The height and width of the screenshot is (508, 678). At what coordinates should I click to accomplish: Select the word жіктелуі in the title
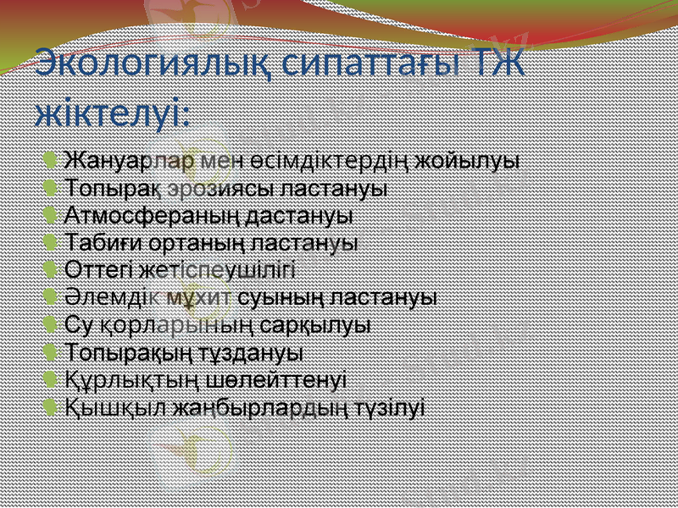tap(111, 113)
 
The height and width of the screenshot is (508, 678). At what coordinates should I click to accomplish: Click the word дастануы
tap(298, 215)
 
